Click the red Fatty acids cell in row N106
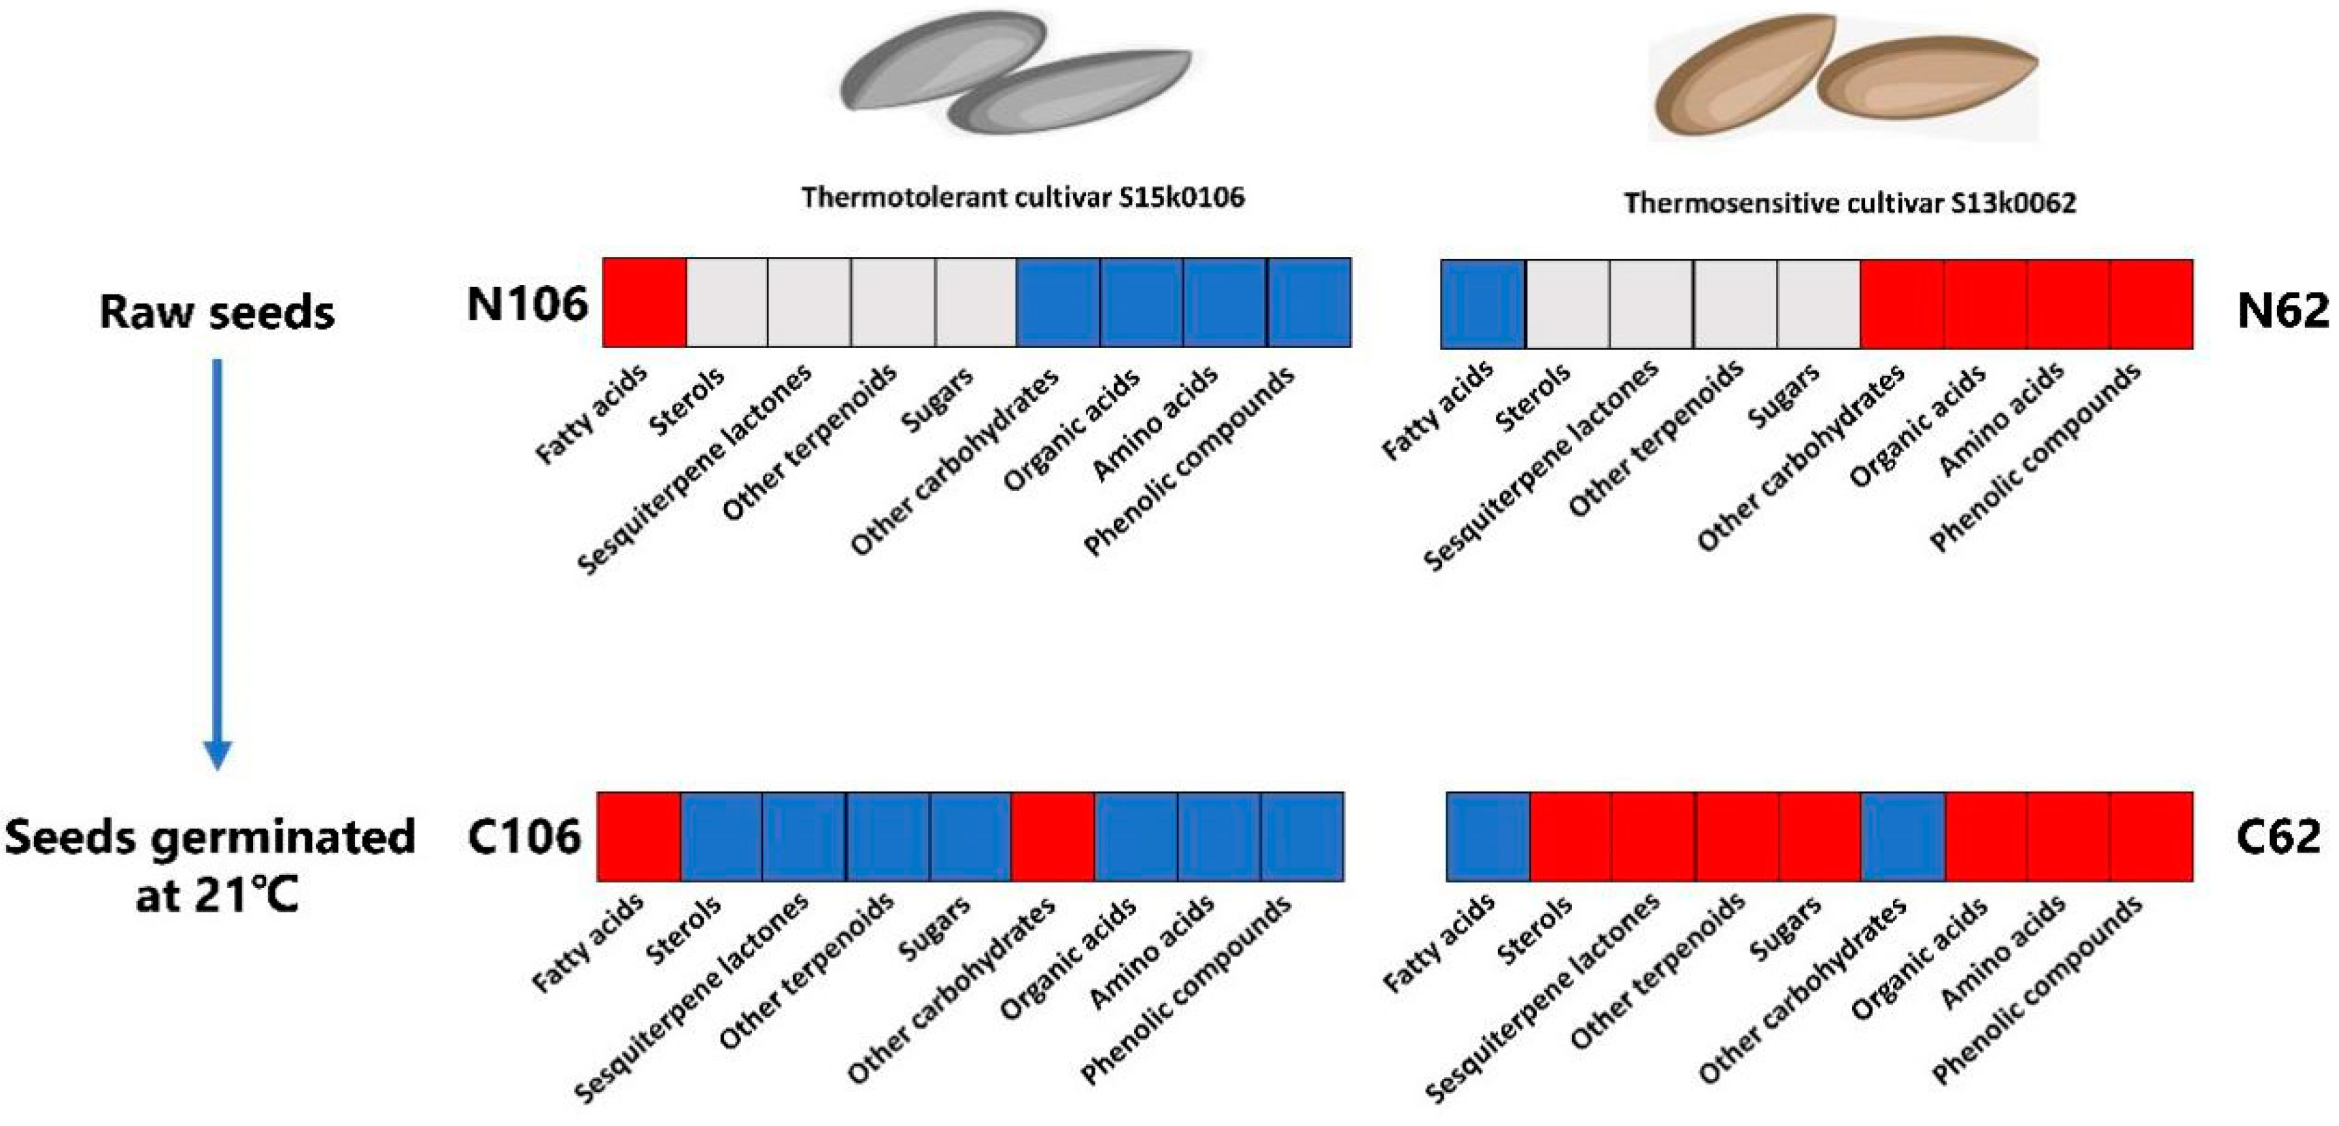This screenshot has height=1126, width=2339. pos(644,303)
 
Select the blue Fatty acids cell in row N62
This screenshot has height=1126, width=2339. pos(1483,304)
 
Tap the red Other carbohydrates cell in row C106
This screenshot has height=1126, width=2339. pos(1053,836)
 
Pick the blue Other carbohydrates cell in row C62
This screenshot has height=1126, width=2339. pos(1903,836)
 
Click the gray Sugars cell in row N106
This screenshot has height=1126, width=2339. pos(975,303)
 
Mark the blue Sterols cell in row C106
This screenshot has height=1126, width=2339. pos(722,836)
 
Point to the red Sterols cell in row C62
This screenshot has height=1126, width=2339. pos(1571,836)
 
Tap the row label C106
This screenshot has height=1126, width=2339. pos(524,836)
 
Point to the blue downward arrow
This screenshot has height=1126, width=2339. pos(217,563)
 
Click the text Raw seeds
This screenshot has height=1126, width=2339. pos(217,311)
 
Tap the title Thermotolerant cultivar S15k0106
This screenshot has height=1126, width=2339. pos(1023,197)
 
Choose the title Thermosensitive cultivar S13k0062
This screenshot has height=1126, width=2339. pos(1849,203)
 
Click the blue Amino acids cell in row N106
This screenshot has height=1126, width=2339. pos(1224,303)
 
